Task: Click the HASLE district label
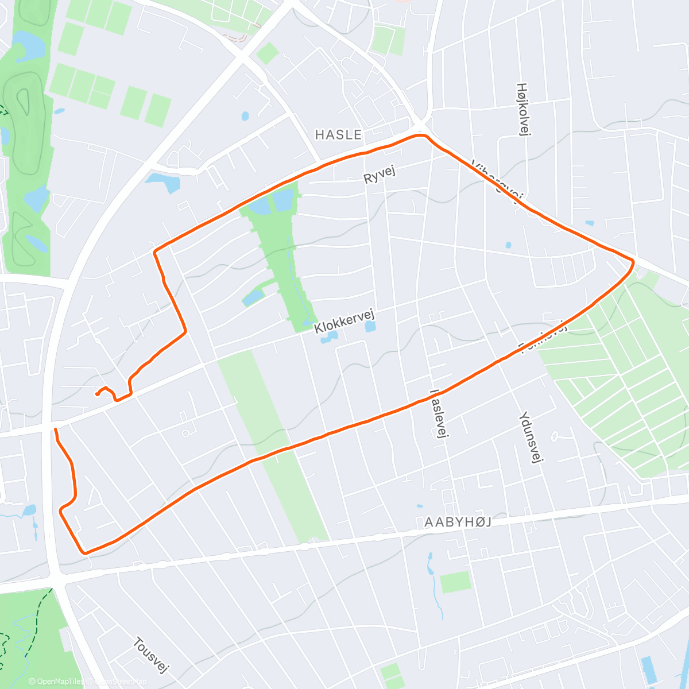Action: [x=339, y=135]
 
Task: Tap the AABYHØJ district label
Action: [x=458, y=522]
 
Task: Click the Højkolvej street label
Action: [x=522, y=109]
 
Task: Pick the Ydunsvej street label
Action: [x=531, y=436]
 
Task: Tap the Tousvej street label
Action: [x=151, y=655]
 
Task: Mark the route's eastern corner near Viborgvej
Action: [x=633, y=263]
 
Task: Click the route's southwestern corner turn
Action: [x=85, y=552]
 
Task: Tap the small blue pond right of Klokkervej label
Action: [x=370, y=327]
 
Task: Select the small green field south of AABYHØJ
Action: [x=455, y=582]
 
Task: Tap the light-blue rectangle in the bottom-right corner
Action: [x=648, y=669]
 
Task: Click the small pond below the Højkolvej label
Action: [x=508, y=245]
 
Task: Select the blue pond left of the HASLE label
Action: [x=245, y=116]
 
